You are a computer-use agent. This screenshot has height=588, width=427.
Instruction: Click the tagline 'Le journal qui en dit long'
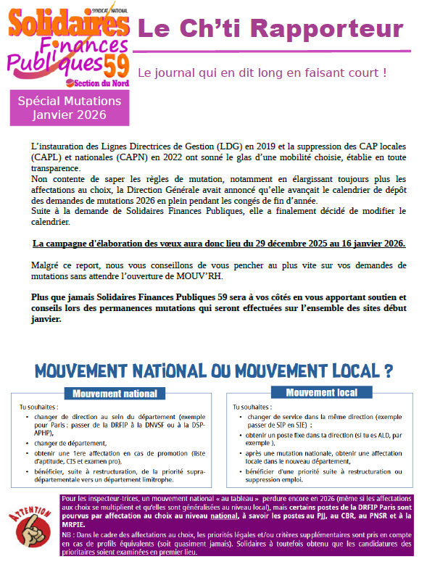[261, 73]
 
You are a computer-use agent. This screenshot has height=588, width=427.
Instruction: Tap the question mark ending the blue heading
[389, 370]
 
